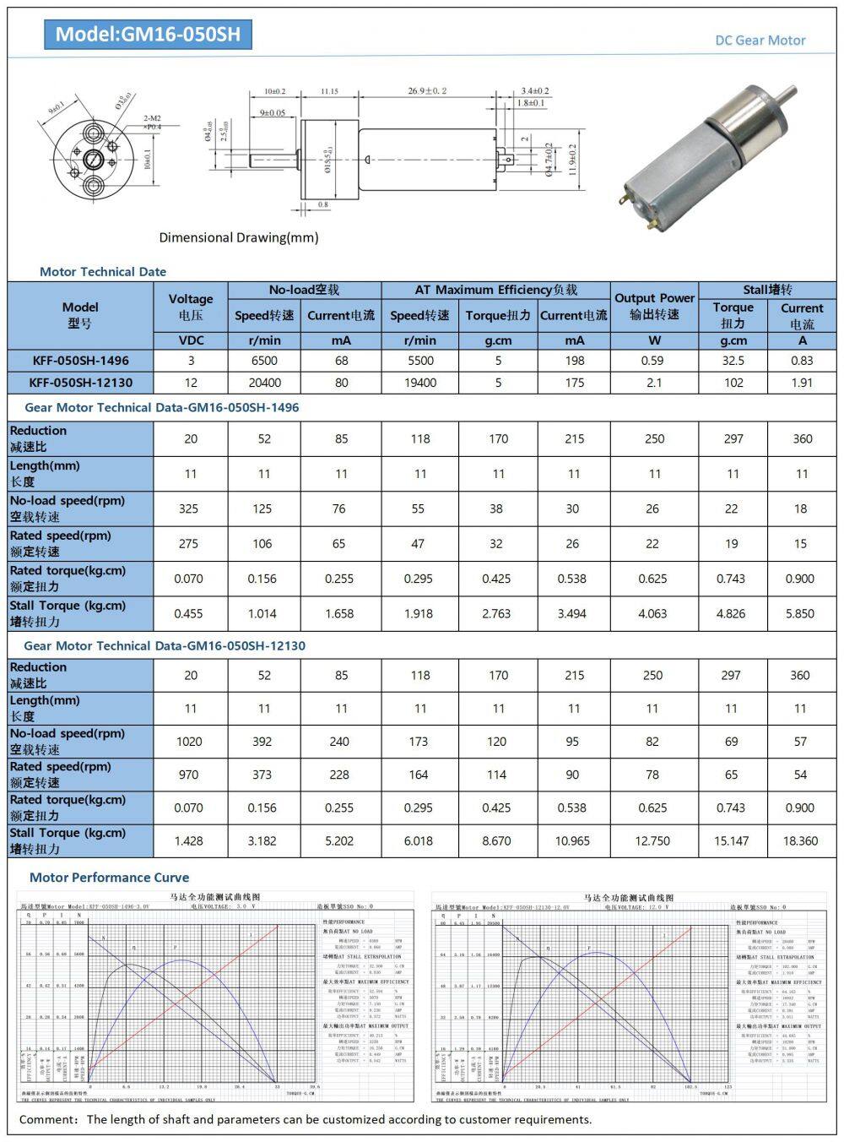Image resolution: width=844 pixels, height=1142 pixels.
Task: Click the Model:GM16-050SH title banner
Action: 148,34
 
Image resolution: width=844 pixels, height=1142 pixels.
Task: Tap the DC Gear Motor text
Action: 760,40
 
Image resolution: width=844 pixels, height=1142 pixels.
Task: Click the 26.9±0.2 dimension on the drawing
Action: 427,90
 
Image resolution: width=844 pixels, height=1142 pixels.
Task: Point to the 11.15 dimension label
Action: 329,91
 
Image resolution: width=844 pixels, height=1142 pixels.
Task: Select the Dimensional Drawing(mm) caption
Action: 239,237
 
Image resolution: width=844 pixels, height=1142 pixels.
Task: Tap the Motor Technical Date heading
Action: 103,271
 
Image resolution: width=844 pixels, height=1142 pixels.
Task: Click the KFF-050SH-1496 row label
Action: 81,360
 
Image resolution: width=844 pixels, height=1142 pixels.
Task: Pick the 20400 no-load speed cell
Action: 264,382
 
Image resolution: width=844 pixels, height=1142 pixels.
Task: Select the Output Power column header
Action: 654,306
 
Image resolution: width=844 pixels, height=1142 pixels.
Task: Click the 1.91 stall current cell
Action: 802,382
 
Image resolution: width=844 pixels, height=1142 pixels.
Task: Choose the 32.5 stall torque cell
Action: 733,360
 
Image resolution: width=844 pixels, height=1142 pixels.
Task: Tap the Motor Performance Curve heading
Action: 109,877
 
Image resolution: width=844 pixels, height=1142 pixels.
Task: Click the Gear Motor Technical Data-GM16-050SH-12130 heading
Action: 165,645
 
